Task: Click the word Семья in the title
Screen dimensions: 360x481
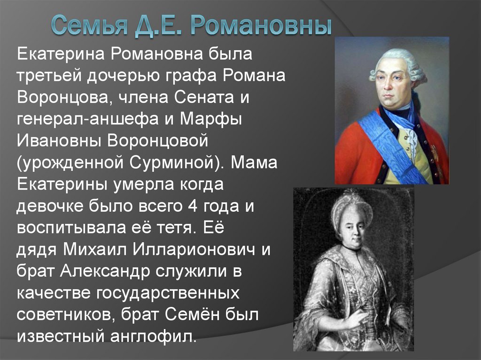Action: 86,25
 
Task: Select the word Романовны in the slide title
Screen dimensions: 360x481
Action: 261,25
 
